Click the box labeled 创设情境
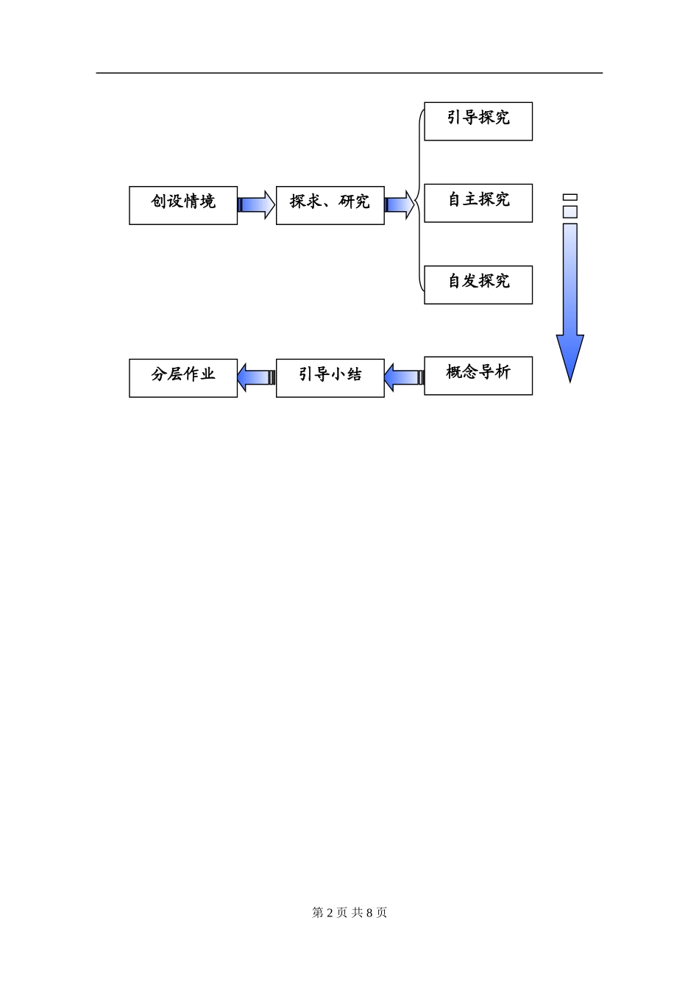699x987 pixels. (183, 205)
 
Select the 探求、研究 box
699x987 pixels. (330, 205)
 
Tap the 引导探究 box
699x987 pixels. (478, 121)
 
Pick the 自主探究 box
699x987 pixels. (478, 203)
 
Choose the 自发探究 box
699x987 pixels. (478, 285)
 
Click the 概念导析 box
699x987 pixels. (478, 376)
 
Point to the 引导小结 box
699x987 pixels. (330, 378)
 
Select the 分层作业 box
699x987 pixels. (183, 378)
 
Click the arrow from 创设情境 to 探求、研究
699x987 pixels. (256, 204)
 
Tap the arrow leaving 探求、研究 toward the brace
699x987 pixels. (400, 204)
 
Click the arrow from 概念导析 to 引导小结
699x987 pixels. (404, 377)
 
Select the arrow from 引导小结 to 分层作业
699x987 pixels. (256, 377)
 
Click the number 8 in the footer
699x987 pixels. (369, 913)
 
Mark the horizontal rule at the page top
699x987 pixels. (349, 73)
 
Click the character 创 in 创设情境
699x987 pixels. (159, 201)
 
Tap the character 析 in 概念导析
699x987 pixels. (503, 372)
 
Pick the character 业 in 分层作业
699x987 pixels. (207, 374)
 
